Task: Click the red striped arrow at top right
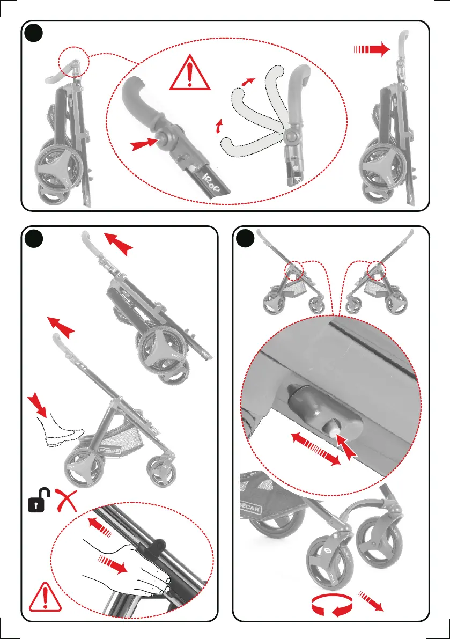click(371, 50)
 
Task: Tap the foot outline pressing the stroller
click(60, 428)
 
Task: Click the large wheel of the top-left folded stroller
click(58, 164)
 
